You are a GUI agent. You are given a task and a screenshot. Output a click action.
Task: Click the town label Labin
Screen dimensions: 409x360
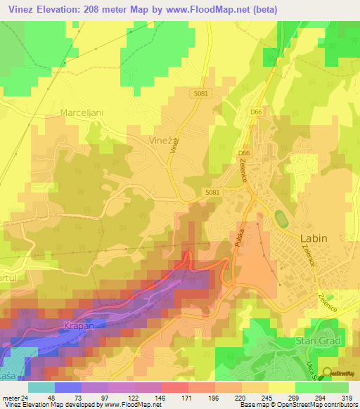click(314, 238)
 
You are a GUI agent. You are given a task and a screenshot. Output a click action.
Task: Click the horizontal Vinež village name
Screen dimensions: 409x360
click(160, 141)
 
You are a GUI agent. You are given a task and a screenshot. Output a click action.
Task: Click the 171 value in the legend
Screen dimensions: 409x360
click(188, 398)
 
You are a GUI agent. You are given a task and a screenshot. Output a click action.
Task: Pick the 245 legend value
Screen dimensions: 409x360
click(268, 398)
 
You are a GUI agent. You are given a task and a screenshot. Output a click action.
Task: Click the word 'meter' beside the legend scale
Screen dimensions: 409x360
click(11, 398)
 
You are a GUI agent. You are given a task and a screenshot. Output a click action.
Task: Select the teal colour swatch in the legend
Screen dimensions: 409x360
click(41, 387)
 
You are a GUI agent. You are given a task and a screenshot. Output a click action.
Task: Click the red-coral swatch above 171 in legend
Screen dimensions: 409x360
click(174, 387)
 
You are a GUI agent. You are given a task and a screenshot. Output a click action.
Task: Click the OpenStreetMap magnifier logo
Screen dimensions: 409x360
click(328, 372)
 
